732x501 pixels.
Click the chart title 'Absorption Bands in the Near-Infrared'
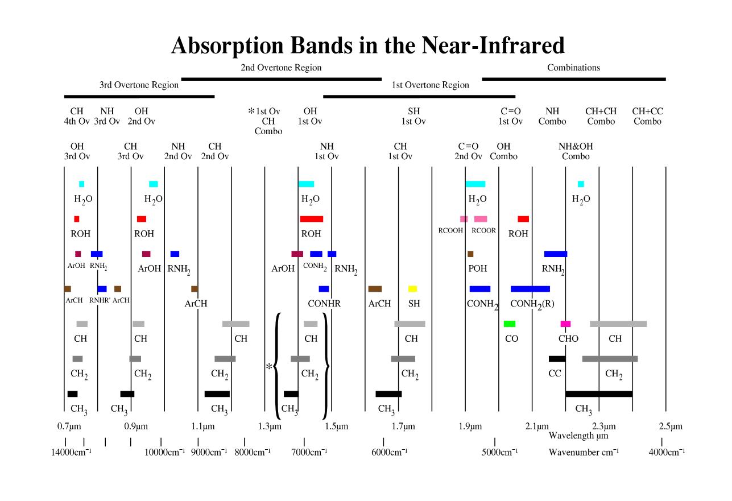[367, 45]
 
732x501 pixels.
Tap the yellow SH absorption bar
[413, 289]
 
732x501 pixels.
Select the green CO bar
[510, 324]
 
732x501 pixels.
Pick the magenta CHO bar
[565, 324]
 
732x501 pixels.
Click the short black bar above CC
[557, 359]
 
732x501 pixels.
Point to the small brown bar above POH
[470, 254]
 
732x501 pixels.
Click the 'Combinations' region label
[573, 68]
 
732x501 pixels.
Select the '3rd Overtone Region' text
[139, 85]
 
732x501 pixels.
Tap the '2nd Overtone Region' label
[281, 68]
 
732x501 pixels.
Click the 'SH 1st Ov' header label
[413, 116]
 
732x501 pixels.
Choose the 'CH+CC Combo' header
[647, 116]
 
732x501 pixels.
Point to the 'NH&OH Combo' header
[576, 151]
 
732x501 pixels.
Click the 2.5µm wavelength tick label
[671, 427]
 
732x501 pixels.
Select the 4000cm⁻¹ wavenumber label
[667, 453]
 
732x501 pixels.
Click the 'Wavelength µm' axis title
[578, 436]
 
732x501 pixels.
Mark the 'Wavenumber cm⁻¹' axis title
[584, 453]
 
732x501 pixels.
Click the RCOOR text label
[484, 231]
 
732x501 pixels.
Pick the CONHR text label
[324, 304]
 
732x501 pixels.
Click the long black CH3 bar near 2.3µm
[599, 394]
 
